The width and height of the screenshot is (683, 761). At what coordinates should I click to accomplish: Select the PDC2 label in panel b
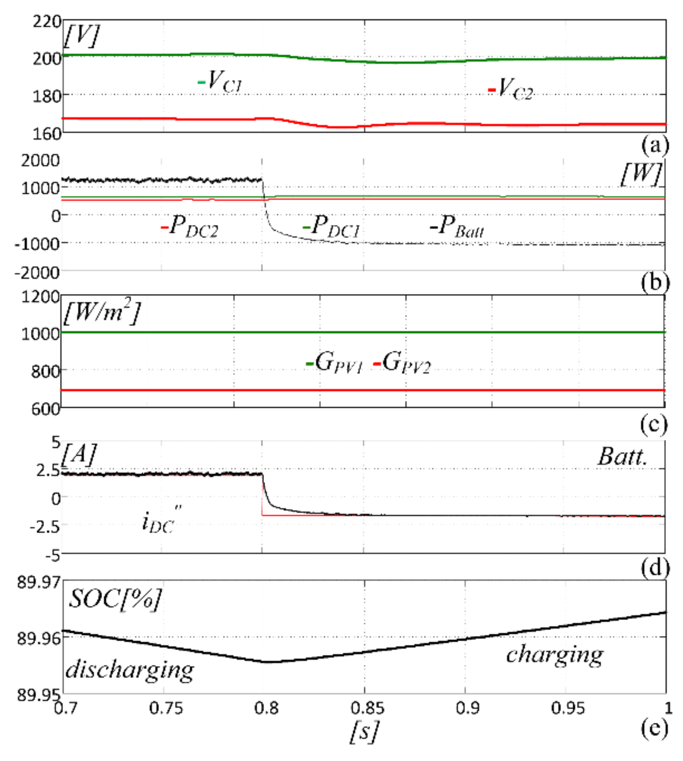point(191,227)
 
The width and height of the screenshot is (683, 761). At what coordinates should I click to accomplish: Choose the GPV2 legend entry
point(403,362)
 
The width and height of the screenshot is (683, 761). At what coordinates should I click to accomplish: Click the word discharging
point(130,670)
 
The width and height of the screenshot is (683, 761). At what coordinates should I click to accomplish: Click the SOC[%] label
point(115,599)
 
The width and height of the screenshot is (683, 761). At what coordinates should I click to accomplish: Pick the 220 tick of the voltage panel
point(47,21)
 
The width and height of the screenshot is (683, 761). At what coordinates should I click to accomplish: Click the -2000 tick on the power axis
point(37,273)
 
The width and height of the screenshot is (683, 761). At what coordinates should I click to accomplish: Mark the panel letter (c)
point(654,425)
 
